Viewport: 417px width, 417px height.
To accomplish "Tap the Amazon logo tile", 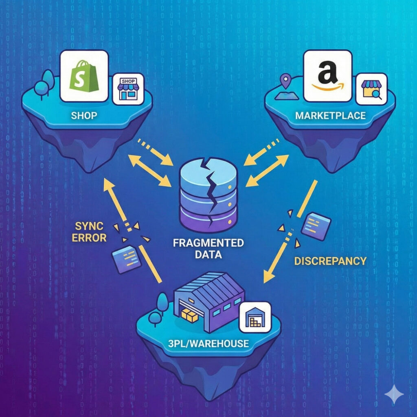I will [327, 76].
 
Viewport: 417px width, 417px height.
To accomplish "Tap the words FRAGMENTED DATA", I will [208, 249].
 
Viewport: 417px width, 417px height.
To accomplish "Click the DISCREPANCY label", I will [330, 261].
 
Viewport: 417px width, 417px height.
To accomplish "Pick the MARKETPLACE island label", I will [330, 115].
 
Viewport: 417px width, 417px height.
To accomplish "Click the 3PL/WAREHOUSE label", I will [208, 343].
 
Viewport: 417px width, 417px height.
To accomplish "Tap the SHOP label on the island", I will [84, 115].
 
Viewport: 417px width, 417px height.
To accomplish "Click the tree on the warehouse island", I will [162, 305].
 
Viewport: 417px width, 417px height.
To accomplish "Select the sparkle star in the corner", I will [394, 395].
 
